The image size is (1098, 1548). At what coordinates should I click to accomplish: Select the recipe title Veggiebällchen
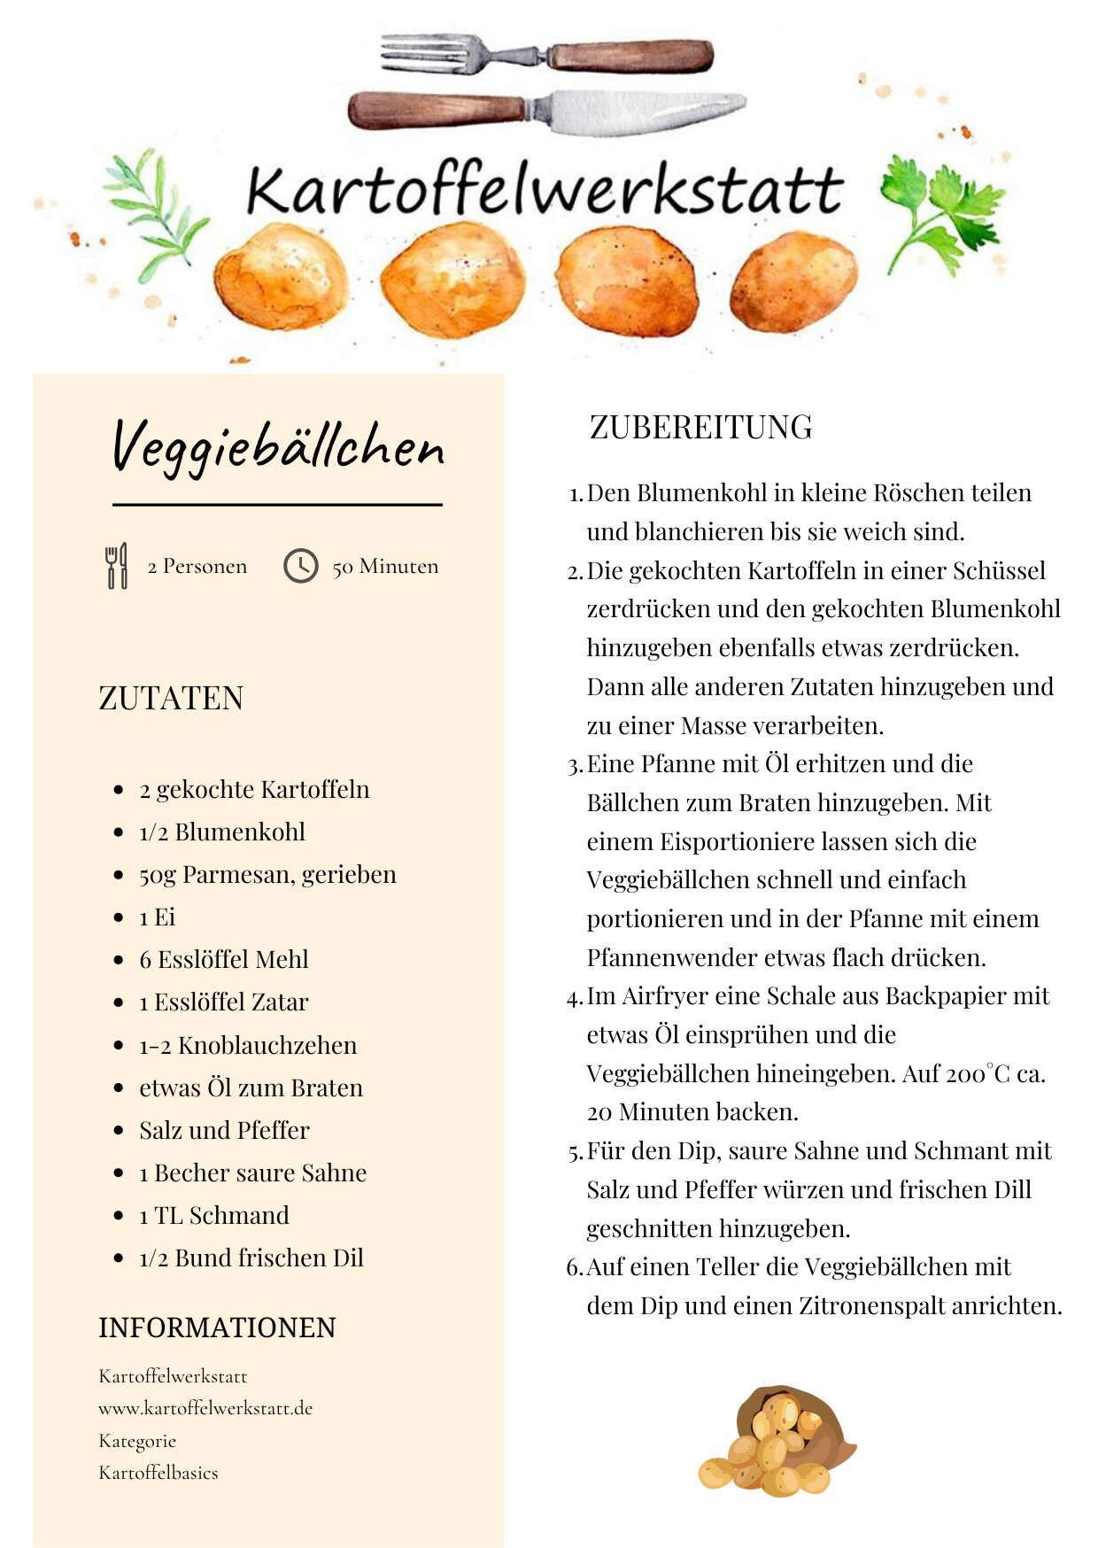click(x=277, y=446)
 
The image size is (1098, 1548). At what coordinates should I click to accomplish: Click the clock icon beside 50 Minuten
click(x=300, y=566)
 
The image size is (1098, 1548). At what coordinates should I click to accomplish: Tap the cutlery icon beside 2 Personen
click(x=116, y=566)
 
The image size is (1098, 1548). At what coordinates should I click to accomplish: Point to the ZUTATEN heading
click(x=171, y=698)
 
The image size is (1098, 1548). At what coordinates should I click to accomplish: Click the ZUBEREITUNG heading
click(x=700, y=427)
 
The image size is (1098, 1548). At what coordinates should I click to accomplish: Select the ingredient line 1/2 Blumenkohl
click(x=222, y=832)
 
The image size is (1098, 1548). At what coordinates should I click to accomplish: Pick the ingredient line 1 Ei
click(x=158, y=917)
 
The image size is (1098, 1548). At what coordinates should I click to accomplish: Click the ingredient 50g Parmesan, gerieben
click(x=267, y=874)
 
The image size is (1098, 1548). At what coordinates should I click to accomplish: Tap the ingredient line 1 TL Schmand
click(x=214, y=1215)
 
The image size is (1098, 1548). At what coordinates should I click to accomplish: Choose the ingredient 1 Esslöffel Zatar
click(x=224, y=1002)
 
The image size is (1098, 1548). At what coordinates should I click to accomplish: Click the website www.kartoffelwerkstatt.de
click(x=205, y=1408)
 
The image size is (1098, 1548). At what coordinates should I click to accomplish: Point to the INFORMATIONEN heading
click(x=217, y=1327)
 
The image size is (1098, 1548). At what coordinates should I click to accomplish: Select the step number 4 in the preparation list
click(x=573, y=998)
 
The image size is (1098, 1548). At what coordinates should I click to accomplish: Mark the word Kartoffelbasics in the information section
click(x=159, y=1473)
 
